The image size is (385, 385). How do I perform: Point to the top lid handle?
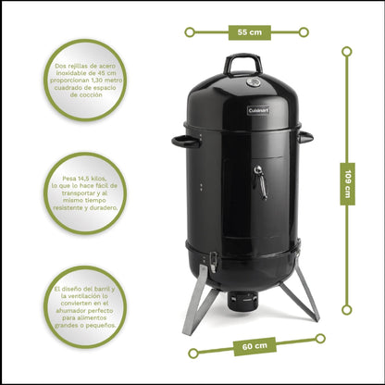[242, 63]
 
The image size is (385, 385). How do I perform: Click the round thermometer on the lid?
[252, 82]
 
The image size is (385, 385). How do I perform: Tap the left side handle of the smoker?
[185, 141]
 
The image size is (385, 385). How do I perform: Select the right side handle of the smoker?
[304, 137]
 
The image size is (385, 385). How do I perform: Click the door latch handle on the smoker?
[262, 182]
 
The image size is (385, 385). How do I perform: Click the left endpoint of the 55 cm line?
[190, 32]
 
